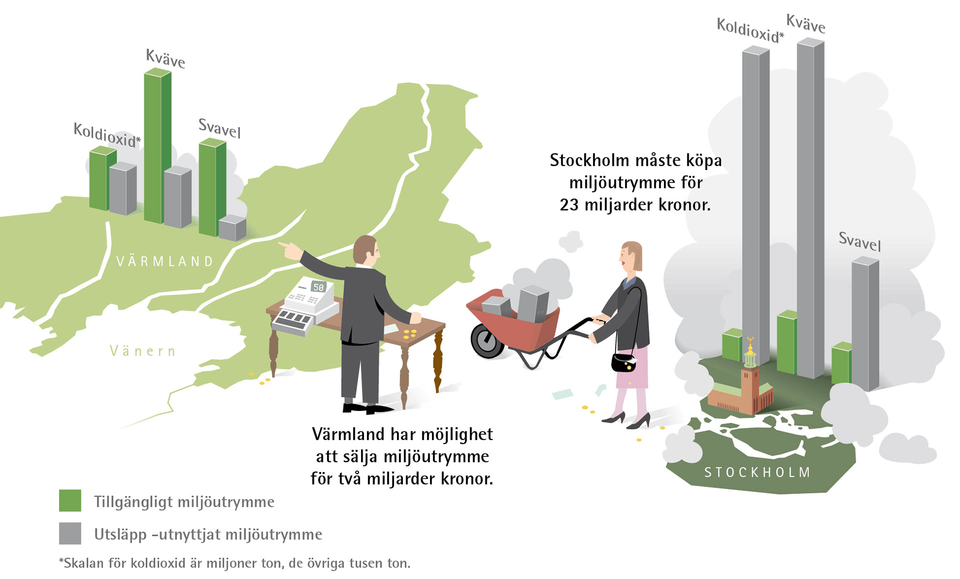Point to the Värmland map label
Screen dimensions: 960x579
tap(165, 261)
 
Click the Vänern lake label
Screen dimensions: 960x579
tap(142, 351)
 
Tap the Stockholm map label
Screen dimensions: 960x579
tap(757, 472)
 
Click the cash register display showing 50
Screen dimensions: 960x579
tap(318, 287)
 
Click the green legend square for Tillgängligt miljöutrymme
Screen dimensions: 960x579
tap(70, 500)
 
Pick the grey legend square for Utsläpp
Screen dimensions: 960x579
tap(70, 533)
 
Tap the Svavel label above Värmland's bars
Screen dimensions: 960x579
tap(219, 128)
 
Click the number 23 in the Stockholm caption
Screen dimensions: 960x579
tap(569, 205)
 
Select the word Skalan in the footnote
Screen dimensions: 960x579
tap(83, 563)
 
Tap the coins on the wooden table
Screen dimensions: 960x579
tap(410, 333)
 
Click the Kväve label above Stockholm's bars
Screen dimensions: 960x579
tap(805, 23)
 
